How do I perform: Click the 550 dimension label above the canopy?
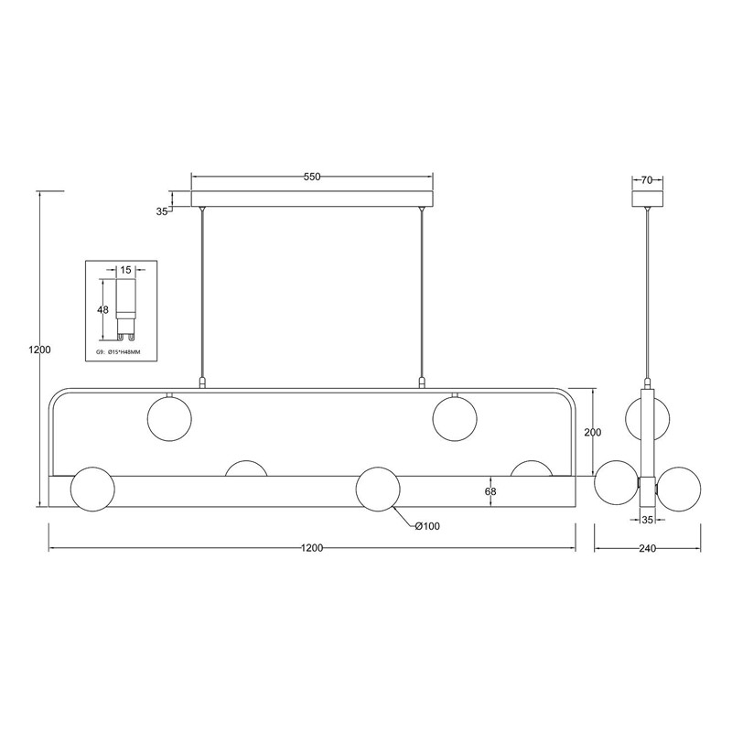[x=312, y=177]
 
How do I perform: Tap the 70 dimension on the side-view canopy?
[x=647, y=180]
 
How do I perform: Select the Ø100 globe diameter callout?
[x=427, y=527]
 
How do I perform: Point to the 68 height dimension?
[x=490, y=491]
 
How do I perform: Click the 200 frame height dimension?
[x=592, y=432]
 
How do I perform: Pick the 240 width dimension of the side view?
[x=647, y=548]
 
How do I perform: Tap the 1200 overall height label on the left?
[x=39, y=350]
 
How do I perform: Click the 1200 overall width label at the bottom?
[x=312, y=548]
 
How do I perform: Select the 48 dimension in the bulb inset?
[x=102, y=310]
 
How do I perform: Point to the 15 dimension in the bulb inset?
[x=125, y=270]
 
